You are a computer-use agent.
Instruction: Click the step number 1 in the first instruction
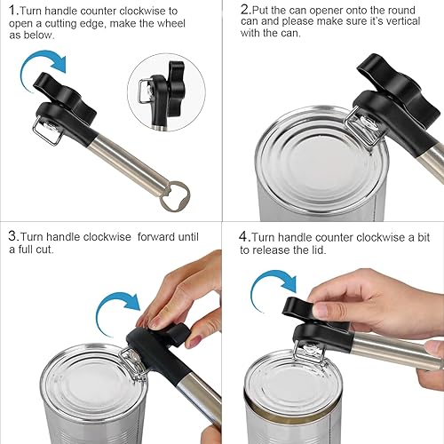pyautogui.click(x=12, y=11)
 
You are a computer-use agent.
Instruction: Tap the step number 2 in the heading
pyautogui.click(x=245, y=10)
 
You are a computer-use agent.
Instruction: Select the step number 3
pyautogui.click(x=12, y=236)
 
